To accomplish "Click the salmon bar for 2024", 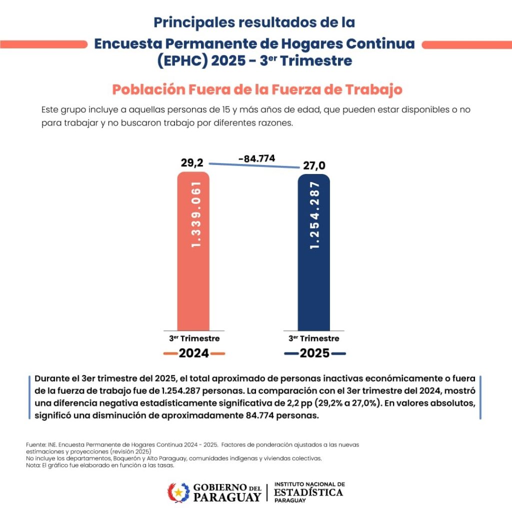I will [193, 280].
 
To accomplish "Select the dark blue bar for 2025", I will [313, 280].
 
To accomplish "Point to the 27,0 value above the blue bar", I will [314, 166].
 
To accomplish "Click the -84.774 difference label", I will [256, 158].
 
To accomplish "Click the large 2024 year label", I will [194, 353].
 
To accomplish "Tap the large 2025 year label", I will [314, 353].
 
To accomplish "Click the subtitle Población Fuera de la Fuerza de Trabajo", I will [257, 89].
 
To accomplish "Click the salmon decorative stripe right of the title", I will [466, 44].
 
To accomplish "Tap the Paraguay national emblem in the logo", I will [178, 492].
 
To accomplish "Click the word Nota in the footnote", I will [32, 465].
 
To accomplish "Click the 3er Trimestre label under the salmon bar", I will [194, 338].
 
